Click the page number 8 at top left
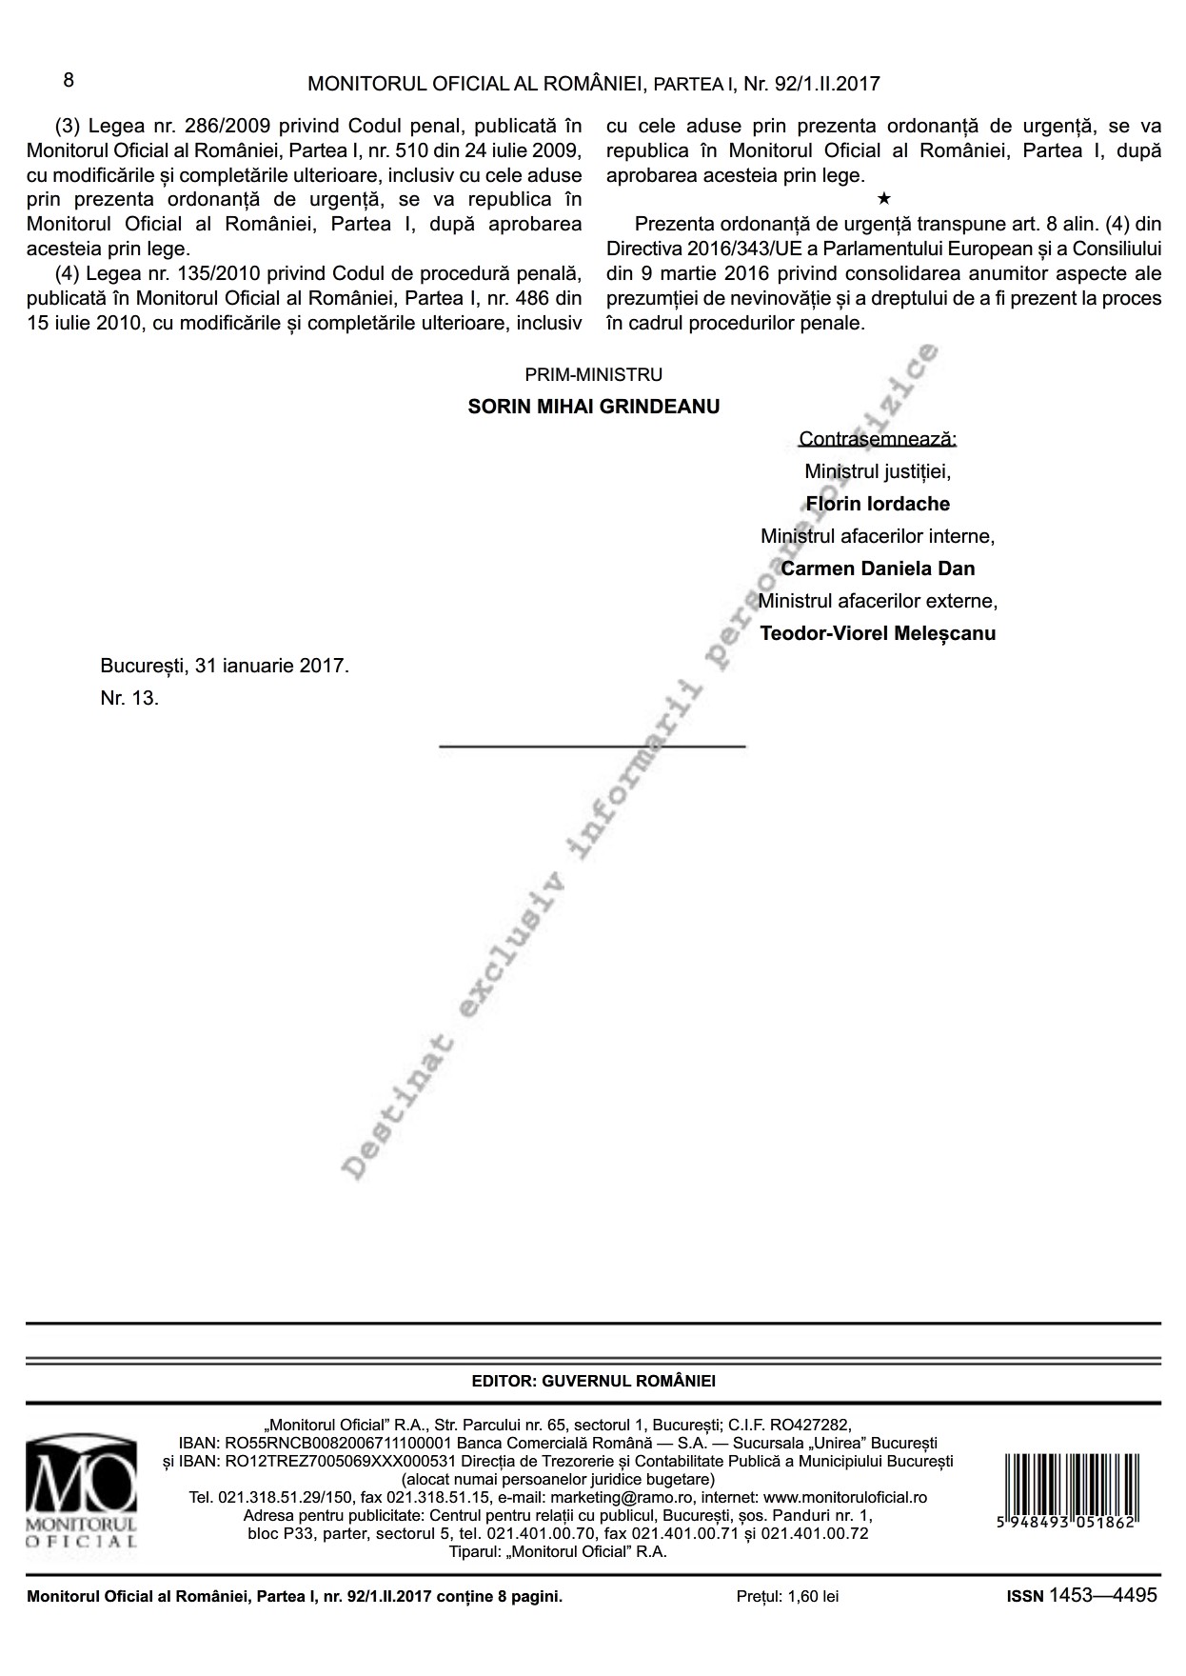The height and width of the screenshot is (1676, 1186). (x=69, y=80)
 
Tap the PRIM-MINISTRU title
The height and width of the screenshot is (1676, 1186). (x=593, y=375)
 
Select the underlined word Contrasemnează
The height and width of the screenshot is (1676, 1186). (x=877, y=439)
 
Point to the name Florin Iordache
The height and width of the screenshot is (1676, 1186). (x=877, y=504)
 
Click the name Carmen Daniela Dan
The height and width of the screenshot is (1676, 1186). (x=877, y=569)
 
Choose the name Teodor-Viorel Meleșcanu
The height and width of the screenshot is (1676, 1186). (x=877, y=633)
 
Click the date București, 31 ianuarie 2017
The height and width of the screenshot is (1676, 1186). (x=225, y=666)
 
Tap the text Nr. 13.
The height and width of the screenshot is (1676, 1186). (x=129, y=698)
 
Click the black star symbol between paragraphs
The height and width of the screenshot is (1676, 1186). (x=884, y=199)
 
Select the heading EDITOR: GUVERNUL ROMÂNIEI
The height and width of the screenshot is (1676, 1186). (x=593, y=1381)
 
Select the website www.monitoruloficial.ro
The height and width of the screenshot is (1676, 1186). (x=845, y=1497)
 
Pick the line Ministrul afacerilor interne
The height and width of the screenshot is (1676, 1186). (x=877, y=536)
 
